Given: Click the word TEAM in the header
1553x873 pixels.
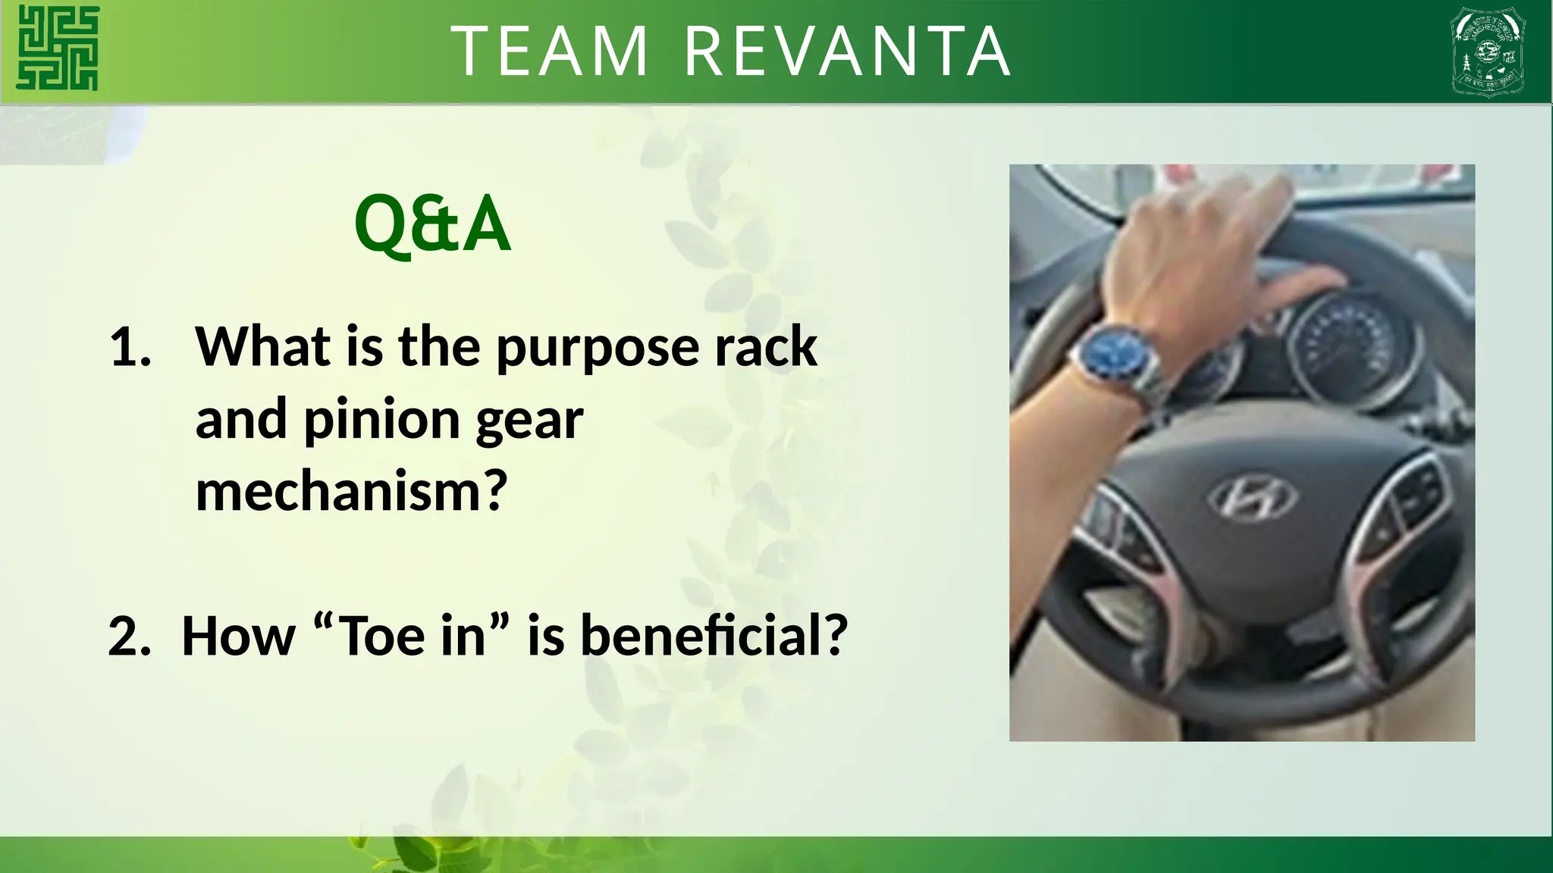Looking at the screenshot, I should (551, 52).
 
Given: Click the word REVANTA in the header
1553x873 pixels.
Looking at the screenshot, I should (847, 52).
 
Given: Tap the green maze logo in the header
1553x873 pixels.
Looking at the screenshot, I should (58, 48).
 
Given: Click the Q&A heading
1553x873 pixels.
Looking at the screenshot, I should (432, 224).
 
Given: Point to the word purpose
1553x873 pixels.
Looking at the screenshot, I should (598, 347).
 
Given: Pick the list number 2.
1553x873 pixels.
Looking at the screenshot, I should (129, 636).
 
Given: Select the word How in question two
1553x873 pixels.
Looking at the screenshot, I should (238, 636).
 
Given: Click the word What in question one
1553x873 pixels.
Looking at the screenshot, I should (262, 347).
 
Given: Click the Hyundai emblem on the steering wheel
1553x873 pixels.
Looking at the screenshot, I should (1251, 498).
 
